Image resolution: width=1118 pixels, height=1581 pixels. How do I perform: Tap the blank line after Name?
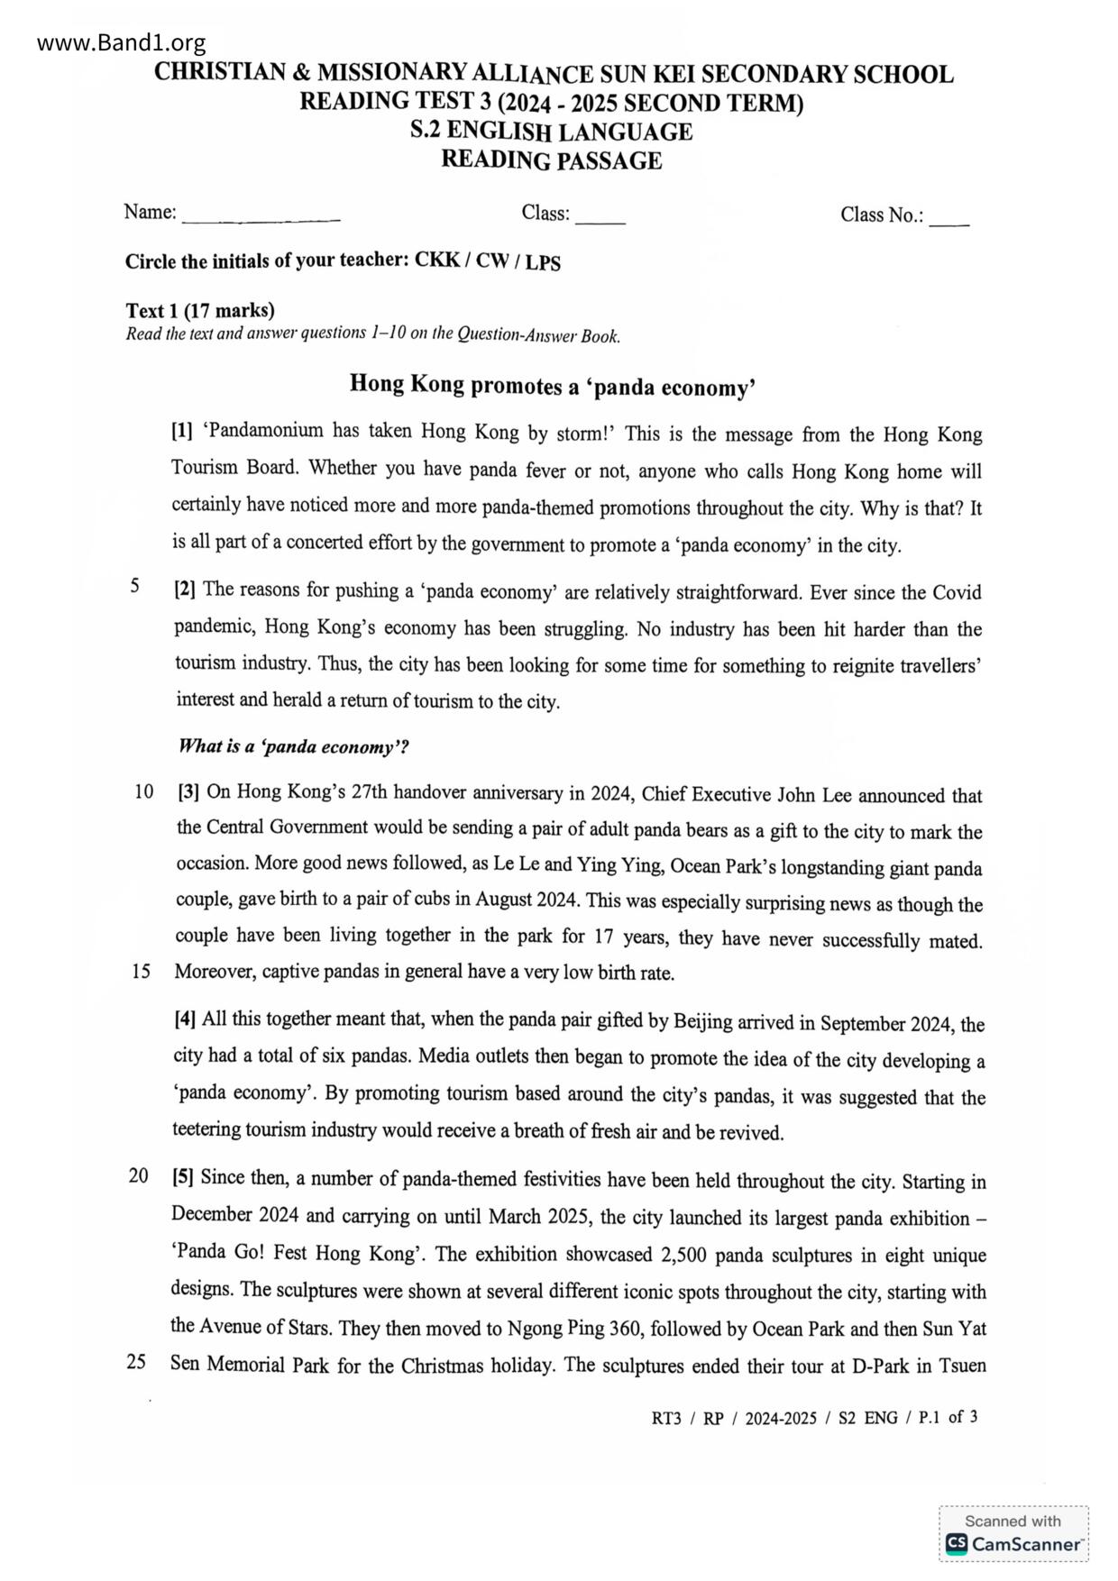coord(261,218)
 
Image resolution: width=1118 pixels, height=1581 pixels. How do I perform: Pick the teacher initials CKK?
coord(436,260)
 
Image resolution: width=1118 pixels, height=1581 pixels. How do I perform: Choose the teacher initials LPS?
coord(543,262)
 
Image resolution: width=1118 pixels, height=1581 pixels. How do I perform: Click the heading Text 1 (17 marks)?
coord(199,311)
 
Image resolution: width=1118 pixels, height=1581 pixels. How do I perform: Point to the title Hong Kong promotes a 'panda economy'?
coord(552,386)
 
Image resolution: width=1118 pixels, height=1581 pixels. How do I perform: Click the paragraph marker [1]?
coord(182,430)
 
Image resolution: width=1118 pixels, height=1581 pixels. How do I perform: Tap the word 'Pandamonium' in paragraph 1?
coord(263,430)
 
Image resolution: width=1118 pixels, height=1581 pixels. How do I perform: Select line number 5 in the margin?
coord(134,587)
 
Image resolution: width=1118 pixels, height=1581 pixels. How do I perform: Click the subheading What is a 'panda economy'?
coord(294,746)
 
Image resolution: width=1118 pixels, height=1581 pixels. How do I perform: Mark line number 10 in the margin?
coord(143,792)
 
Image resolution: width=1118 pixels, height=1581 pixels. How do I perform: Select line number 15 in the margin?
coord(141,973)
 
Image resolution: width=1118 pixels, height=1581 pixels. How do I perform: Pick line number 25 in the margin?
coord(136,1362)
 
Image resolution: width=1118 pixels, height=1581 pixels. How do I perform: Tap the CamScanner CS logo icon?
coord(956,1544)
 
